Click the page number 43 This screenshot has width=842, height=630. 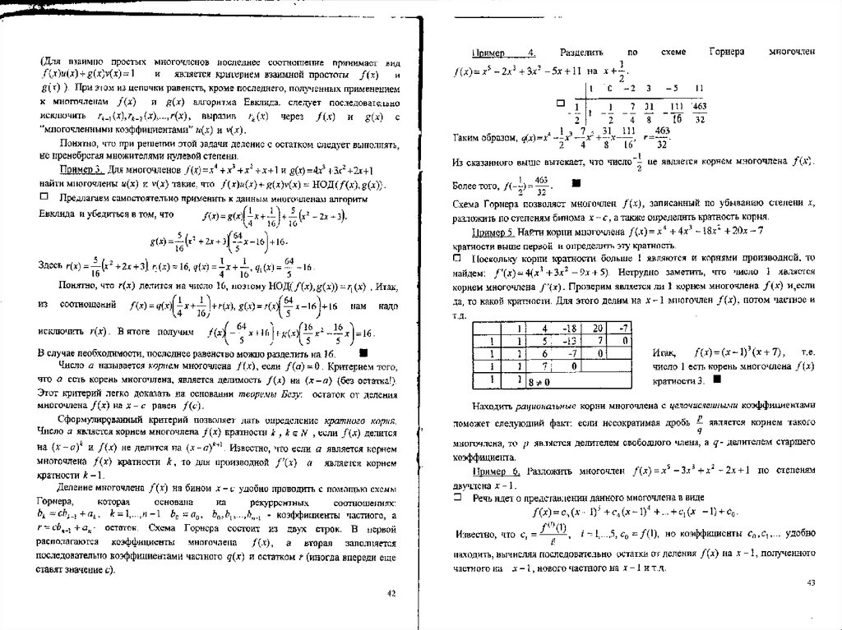[809, 582]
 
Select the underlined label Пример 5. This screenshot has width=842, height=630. [493, 232]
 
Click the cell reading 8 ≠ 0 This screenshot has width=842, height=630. [539, 382]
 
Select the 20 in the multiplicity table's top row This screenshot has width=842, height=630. [599, 328]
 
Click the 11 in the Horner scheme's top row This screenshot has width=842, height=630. [699, 87]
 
